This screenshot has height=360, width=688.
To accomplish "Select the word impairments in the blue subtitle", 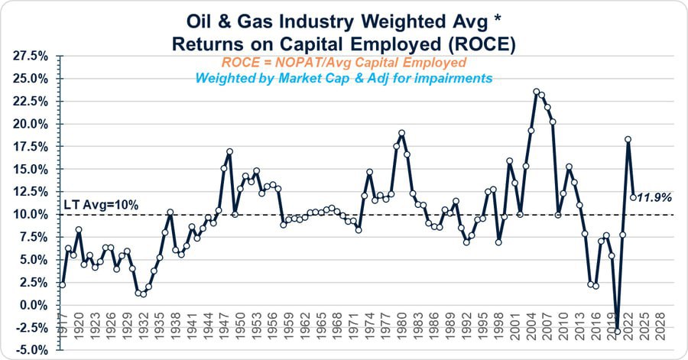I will click(x=456, y=78).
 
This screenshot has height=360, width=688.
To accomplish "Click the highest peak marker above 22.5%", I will click(x=536, y=92).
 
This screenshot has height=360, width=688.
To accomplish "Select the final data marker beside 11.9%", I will click(x=633, y=197).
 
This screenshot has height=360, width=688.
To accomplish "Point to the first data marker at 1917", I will click(x=62, y=284).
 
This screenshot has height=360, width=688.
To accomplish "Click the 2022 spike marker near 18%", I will click(x=628, y=140).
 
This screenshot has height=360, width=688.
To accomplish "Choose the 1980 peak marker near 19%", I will click(x=401, y=133).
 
